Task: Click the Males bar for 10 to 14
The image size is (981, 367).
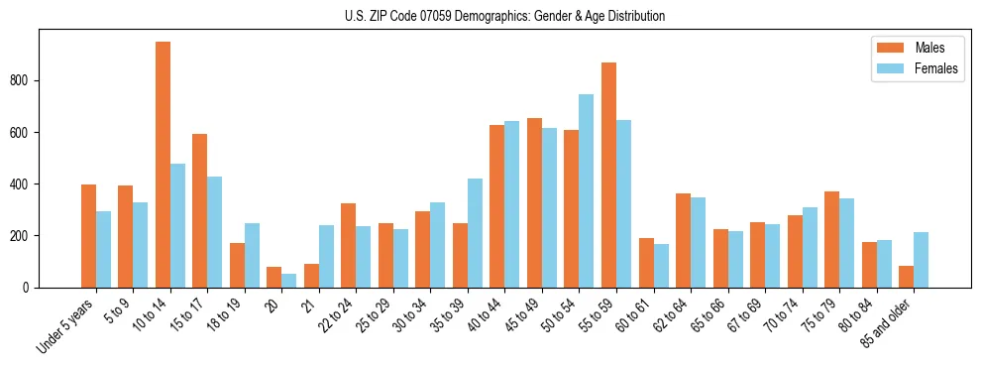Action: point(163,165)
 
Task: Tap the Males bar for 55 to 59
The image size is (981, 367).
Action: point(608,175)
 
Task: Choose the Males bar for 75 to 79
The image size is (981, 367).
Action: point(832,239)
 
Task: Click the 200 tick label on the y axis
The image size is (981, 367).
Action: point(26,236)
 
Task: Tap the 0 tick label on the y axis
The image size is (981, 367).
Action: point(31,288)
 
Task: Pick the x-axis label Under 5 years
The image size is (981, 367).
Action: point(67,324)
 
